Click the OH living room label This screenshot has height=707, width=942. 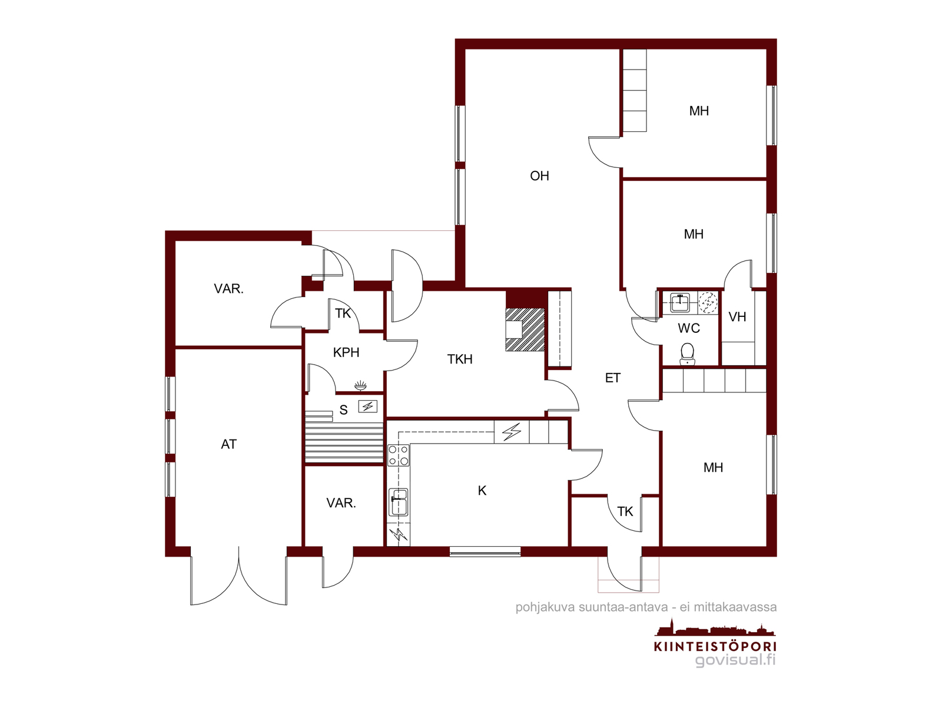[x=539, y=176]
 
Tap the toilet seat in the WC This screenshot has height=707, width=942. [x=687, y=353]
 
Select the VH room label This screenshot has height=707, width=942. [x=737, y=317]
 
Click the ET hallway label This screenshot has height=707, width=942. [x=612, y=378]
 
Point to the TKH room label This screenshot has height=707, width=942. [x=460, y=359]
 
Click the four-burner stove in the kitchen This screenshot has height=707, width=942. [x=398, y=455]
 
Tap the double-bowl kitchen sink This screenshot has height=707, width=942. [x=399, y=502]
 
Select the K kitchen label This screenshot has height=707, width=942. [x=482, y=490]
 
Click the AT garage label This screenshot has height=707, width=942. [x=229, y=444]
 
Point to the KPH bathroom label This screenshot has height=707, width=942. [x=346, y=352]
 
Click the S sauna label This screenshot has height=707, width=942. [x=343, y=410]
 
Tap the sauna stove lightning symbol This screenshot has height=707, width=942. [x=368, y=406]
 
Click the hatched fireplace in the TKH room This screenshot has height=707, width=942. [x=525, y=330]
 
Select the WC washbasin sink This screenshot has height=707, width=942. [x=680, y=303]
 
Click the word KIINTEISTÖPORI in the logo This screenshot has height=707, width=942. [x=715, y=646]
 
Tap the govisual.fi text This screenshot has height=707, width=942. [x=735, y=660]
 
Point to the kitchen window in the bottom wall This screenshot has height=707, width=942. [x=485, y=551]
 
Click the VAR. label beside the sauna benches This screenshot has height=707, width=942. [x=341, y=503]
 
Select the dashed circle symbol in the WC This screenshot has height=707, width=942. [x=707, y=302]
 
